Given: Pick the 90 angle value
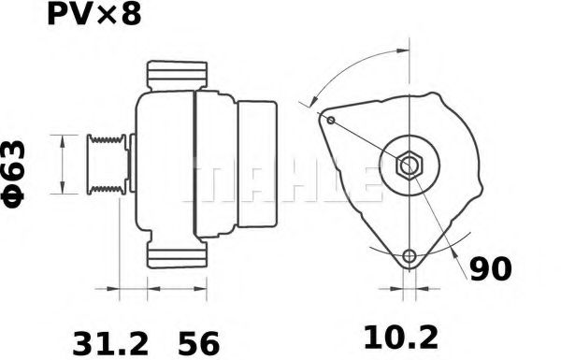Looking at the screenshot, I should pos(490,269).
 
